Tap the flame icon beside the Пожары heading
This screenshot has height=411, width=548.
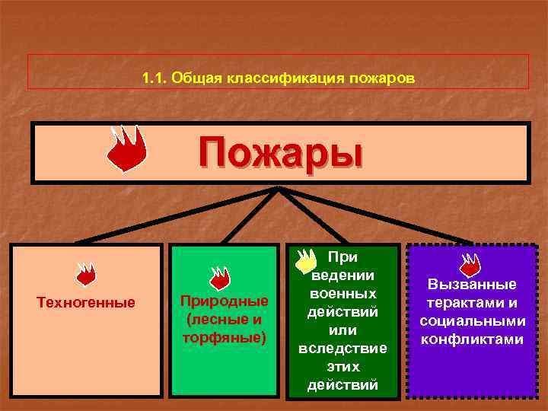pyautogui.click(x=126, y=148)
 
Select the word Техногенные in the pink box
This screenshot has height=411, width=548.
pyautogui.click(x=86, y=303)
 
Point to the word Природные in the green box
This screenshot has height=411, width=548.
pyautogui.click(x=224, y=301)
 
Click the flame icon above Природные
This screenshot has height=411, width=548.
pyautogui.click(x=220, y=277)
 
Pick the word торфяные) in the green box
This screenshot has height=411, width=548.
pyautogui.click(x=224, y=336)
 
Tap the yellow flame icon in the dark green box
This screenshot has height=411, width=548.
pyautogui.click(x=305, y=260)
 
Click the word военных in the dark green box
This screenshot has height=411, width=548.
pyautogui.click(x=342, y=293)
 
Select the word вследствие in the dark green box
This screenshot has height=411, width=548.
pyautogui.click(x=342, y=348)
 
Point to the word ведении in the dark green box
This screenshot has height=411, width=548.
pyautogui.click(x=342, y=275)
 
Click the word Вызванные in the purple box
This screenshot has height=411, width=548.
pyautogui.click(x=471, y=284)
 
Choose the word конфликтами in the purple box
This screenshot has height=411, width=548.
pyautogui.click(x=471, y=339)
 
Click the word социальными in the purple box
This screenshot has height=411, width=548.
pyautogui.click(x=471, y=320)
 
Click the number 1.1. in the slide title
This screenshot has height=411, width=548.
pyautogui.click(x=155, y=78)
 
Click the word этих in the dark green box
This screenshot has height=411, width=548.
pyautogui.click(x=342, y=366)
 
